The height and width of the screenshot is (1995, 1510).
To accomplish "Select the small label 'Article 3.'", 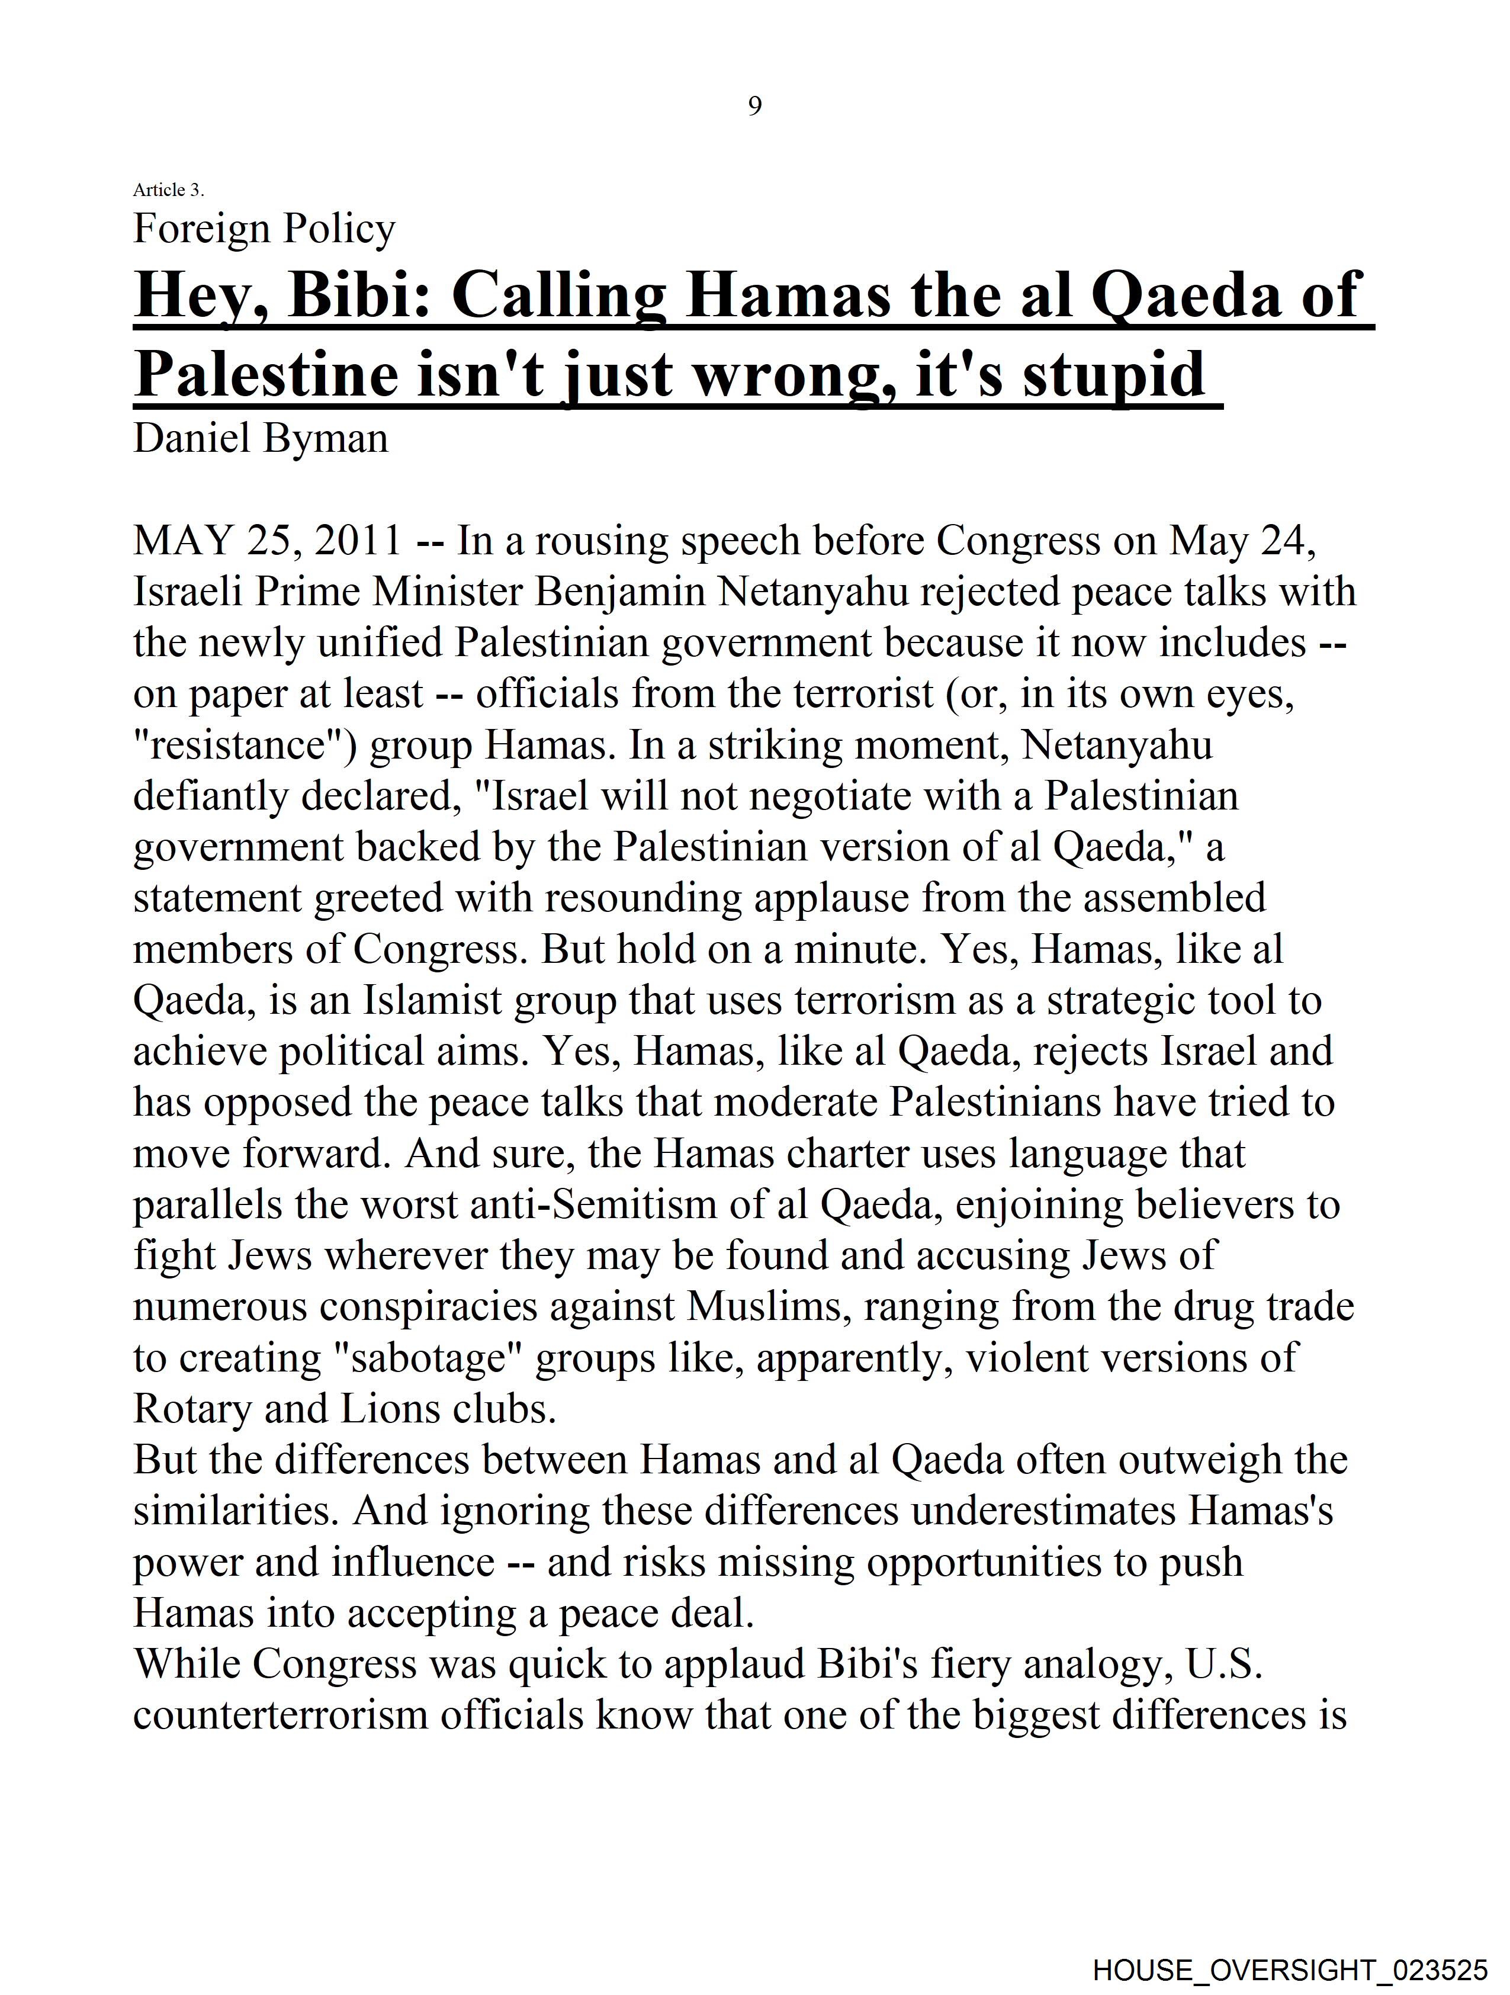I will [x=169, y=189].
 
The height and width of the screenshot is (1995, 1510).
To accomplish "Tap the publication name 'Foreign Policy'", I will [x=264, y=229].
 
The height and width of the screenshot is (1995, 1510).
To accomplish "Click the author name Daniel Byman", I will [x=261, y=438].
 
